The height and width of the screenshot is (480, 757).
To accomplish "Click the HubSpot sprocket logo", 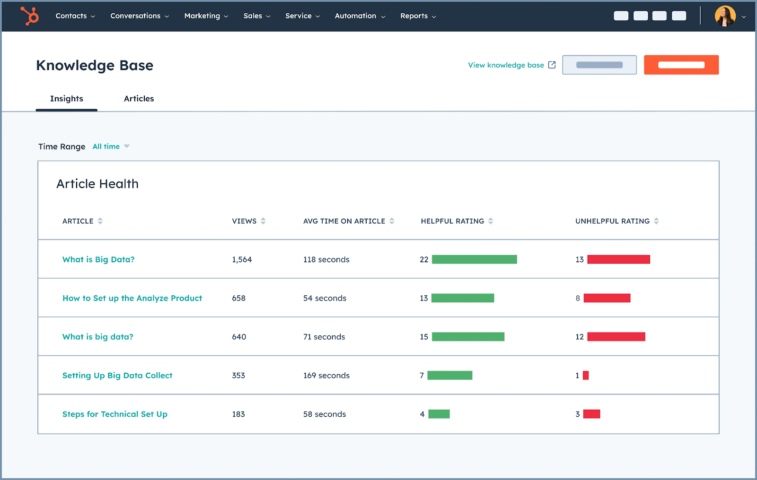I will coord(30,16).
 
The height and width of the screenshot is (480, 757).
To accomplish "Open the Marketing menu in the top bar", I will coord(206,16).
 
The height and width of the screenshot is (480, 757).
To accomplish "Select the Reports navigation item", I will coord(417,16).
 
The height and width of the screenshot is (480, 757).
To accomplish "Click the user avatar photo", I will coord(725,16).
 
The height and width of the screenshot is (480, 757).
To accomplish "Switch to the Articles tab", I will coord(139,99).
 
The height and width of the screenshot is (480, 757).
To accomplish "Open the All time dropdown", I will coord(111,146).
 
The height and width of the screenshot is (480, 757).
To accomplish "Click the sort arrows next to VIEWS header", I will coord(263,221).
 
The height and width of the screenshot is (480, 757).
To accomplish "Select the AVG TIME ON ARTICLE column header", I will coord(344,221).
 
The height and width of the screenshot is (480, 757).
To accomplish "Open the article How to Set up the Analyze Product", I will coord(132,298).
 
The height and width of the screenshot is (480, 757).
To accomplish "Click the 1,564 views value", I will coord(242,259).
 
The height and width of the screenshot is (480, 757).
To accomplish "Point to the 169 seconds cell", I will coord(326,376).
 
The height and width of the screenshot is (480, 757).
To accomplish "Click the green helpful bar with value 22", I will coord(474,259).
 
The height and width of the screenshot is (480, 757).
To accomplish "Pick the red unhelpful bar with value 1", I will coord(586,376).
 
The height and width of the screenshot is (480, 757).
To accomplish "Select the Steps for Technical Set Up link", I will coord(114,414).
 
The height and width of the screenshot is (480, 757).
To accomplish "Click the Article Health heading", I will coord(97,184).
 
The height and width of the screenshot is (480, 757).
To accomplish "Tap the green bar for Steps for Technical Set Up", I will coord(439,414).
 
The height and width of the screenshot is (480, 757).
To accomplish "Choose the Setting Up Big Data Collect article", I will coord(117,376).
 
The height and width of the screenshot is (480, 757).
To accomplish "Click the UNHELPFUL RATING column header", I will coord(612,221).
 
